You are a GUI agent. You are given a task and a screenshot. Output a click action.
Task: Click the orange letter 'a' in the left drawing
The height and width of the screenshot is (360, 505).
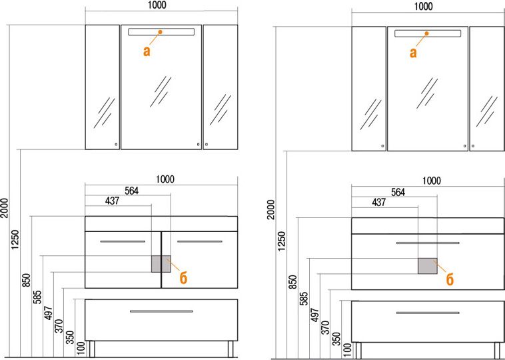(147, 51)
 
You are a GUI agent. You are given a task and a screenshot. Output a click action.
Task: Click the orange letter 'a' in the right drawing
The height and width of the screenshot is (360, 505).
(413, 53)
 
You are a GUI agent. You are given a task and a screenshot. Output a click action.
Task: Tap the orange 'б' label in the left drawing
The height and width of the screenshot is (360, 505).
(183, 278)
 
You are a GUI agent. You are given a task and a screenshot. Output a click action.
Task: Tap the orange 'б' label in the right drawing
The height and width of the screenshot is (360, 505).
(450, 279)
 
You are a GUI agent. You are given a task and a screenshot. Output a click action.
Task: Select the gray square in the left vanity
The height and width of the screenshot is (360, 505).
(161, 264)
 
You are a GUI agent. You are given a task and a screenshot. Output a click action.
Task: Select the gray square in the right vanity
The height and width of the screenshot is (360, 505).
(428, 265)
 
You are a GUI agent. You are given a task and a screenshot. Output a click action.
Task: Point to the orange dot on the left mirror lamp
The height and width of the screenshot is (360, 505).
(160, 32)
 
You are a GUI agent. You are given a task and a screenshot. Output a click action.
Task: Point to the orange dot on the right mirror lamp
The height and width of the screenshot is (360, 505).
(427, 33)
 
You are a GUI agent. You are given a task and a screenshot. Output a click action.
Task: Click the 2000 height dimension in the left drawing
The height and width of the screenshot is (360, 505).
(5, 208)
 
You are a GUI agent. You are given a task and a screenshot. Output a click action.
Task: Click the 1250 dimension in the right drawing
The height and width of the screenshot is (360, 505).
(282, 241)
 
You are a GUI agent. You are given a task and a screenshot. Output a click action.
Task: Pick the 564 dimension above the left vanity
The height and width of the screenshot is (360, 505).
(132, 191)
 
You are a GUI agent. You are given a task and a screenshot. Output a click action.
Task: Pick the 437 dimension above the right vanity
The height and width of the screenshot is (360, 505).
(378, 202)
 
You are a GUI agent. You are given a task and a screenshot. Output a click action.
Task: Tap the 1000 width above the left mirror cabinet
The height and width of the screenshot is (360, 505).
(157, 5)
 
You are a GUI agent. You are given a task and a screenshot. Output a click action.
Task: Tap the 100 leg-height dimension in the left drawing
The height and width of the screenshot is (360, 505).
(81, 349)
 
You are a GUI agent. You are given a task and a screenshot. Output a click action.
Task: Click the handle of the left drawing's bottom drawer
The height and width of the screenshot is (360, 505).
(161, 311)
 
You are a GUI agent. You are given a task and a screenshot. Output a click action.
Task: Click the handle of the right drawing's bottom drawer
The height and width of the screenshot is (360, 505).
(428, 313)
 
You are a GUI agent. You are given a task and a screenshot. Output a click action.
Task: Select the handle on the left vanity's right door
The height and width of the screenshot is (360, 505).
(200, 241)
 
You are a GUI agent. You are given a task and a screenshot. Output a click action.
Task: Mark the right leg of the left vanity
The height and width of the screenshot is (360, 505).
(231, 349)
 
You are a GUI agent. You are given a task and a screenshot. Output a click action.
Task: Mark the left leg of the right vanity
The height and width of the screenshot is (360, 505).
(358, 350)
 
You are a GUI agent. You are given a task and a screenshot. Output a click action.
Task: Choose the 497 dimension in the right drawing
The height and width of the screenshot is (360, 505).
(315, 315)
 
